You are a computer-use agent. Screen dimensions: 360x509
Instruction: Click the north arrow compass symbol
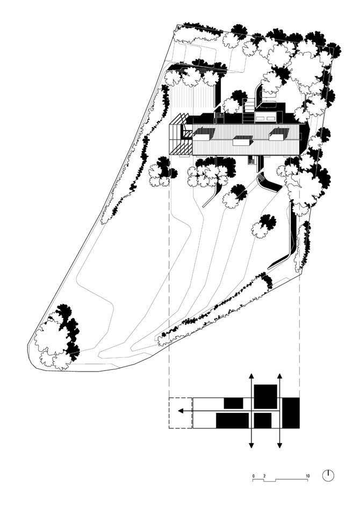[x=328, y=476]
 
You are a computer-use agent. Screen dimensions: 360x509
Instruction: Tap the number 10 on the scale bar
[x=307, y=476]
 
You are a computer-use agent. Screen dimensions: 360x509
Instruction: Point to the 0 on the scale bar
[x=254, y=476]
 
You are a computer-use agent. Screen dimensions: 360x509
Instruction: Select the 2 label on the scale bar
[x=264, y=476]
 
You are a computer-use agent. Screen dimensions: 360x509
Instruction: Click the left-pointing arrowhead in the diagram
[x=181, y=411]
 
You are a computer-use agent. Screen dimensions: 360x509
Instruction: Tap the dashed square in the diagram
[x=181, y=412]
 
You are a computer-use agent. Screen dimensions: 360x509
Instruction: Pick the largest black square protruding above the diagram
[x=265, y=397]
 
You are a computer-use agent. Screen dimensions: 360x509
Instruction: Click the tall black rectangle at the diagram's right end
[x=291, y=412]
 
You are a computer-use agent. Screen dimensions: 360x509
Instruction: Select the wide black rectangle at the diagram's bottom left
[x=232, y=421]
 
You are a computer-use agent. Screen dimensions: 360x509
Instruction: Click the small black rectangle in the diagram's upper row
[x=233, y=403]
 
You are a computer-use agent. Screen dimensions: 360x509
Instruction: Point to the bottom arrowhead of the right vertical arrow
[x=279, y=446]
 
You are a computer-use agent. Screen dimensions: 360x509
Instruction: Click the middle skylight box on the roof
[x=243, y=141]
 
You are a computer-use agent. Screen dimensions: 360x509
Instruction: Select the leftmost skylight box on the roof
[x=204, y=134]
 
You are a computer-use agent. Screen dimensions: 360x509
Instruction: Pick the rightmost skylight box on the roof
[x=279, y=134]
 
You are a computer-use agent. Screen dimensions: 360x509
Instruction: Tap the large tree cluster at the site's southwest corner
[x=57, y=338]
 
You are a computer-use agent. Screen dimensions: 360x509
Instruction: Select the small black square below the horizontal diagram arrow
[x=263, y=421]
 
